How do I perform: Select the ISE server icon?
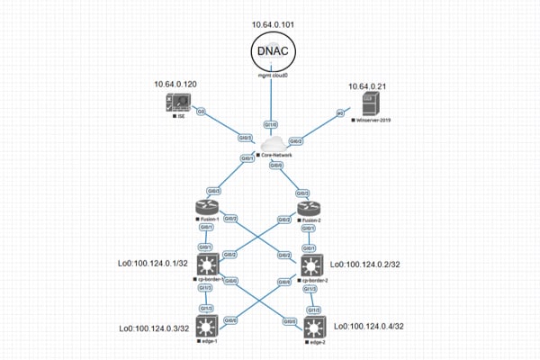tap(179, 104)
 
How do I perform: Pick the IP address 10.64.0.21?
tap(368, 86)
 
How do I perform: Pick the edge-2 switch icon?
tap(311, 327)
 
